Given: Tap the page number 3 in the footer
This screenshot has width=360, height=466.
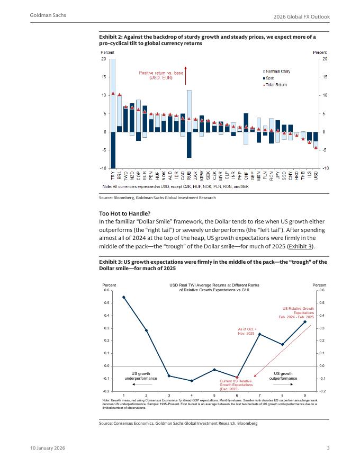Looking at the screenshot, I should coord(328,449).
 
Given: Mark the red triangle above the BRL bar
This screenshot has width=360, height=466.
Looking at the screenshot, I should coord(119,95).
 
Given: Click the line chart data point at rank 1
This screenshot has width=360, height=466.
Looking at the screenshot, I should coord(123,297).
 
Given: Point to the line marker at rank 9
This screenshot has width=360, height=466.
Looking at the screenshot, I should coord(305,321).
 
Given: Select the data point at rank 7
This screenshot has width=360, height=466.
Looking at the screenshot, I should coord(259,334).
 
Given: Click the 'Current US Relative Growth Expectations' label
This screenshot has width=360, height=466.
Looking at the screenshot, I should coord(236,384).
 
